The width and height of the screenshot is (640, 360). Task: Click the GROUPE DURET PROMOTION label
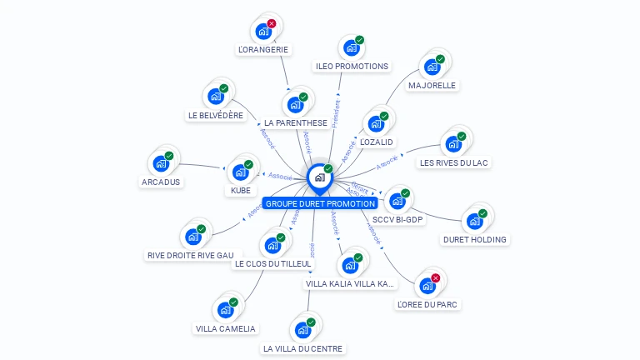(320, 203)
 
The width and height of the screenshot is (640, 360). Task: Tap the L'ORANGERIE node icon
(264, 32)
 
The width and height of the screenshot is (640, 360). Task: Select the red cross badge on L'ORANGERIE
(272, 24)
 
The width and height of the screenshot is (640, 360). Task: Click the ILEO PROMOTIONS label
(352, 66)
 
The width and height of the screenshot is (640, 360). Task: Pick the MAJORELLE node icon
(432, 67)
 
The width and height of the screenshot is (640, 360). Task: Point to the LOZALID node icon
(376, 124)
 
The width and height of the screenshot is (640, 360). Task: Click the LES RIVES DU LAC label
(453, 162)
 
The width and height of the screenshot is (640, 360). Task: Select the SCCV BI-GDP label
(397, 220)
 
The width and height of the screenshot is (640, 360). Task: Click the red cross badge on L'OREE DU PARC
(435, 278)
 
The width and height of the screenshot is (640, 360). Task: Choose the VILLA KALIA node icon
(349, 266)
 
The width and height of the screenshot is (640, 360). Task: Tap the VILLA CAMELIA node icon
(225, 310)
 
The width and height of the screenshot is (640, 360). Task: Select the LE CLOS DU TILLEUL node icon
(272, 245)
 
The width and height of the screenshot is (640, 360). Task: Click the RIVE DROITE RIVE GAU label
(190, 255)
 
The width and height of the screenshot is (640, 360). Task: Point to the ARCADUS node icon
(161, 163)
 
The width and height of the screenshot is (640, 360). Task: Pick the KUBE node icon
(241, 172)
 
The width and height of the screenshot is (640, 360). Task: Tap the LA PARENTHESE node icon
(294, 105)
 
